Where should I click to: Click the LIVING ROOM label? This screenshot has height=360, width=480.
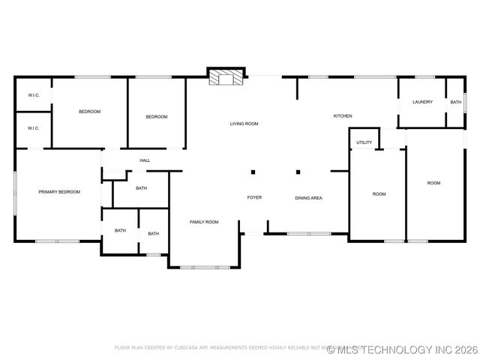[244, 124]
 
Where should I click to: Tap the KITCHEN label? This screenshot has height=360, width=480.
[343, 116]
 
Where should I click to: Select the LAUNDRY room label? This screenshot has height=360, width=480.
[422, 102]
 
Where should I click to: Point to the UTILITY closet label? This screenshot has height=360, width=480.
[364, 142]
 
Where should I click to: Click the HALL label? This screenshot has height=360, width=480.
[145, 160]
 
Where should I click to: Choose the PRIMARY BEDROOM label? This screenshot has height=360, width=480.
[59, 192]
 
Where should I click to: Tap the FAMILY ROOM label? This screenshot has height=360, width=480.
[204, 222]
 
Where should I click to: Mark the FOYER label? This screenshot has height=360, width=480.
[254, 197]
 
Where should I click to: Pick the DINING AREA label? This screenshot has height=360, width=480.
[308, 198]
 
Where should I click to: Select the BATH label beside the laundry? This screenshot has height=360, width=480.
[456, 102]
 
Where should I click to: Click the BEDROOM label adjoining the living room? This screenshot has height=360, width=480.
[156, 117]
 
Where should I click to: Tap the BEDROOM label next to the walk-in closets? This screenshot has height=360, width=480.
[89, 112]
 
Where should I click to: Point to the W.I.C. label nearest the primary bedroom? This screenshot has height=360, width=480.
[33, 128]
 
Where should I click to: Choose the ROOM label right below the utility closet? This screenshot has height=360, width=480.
[379, 194]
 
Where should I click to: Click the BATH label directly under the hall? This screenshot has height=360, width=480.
[141, 188]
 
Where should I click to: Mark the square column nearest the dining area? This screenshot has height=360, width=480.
[298, 172]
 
